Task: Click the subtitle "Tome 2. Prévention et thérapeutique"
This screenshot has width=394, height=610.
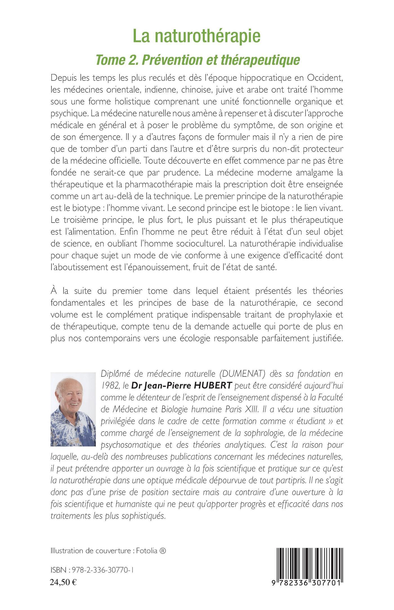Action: coord(198,60)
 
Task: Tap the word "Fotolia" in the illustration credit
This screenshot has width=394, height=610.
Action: coord(147,551)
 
